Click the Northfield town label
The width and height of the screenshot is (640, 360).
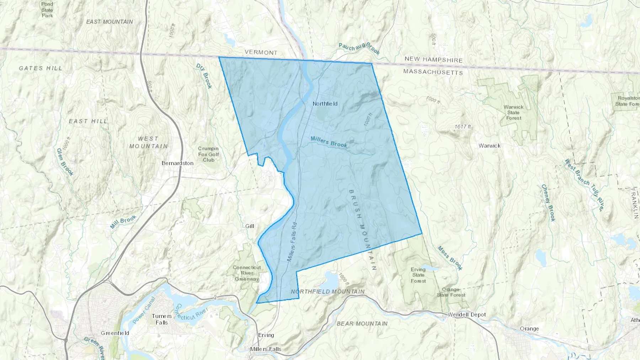325,104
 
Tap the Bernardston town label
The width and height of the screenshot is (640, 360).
177,163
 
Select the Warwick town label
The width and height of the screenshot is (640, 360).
489,146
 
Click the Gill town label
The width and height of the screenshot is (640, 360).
250,226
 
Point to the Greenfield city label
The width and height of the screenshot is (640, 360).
115,333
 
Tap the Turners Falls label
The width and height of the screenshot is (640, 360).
162,319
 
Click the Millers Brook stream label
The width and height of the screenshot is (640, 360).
329,142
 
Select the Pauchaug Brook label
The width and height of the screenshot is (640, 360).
359,49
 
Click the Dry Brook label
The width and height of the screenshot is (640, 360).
204,76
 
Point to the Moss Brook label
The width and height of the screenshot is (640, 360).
450,258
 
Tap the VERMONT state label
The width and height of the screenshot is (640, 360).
261,52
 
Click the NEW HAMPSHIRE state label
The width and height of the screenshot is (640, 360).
433,60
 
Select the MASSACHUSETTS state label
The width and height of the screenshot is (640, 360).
433,72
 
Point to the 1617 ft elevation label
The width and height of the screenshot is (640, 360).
463,127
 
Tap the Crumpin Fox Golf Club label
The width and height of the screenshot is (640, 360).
208,154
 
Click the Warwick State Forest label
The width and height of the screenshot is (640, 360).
513,112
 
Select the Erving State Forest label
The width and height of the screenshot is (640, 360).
418,275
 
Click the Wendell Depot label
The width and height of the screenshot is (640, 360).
466,315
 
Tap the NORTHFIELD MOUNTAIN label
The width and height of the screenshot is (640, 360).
327,291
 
